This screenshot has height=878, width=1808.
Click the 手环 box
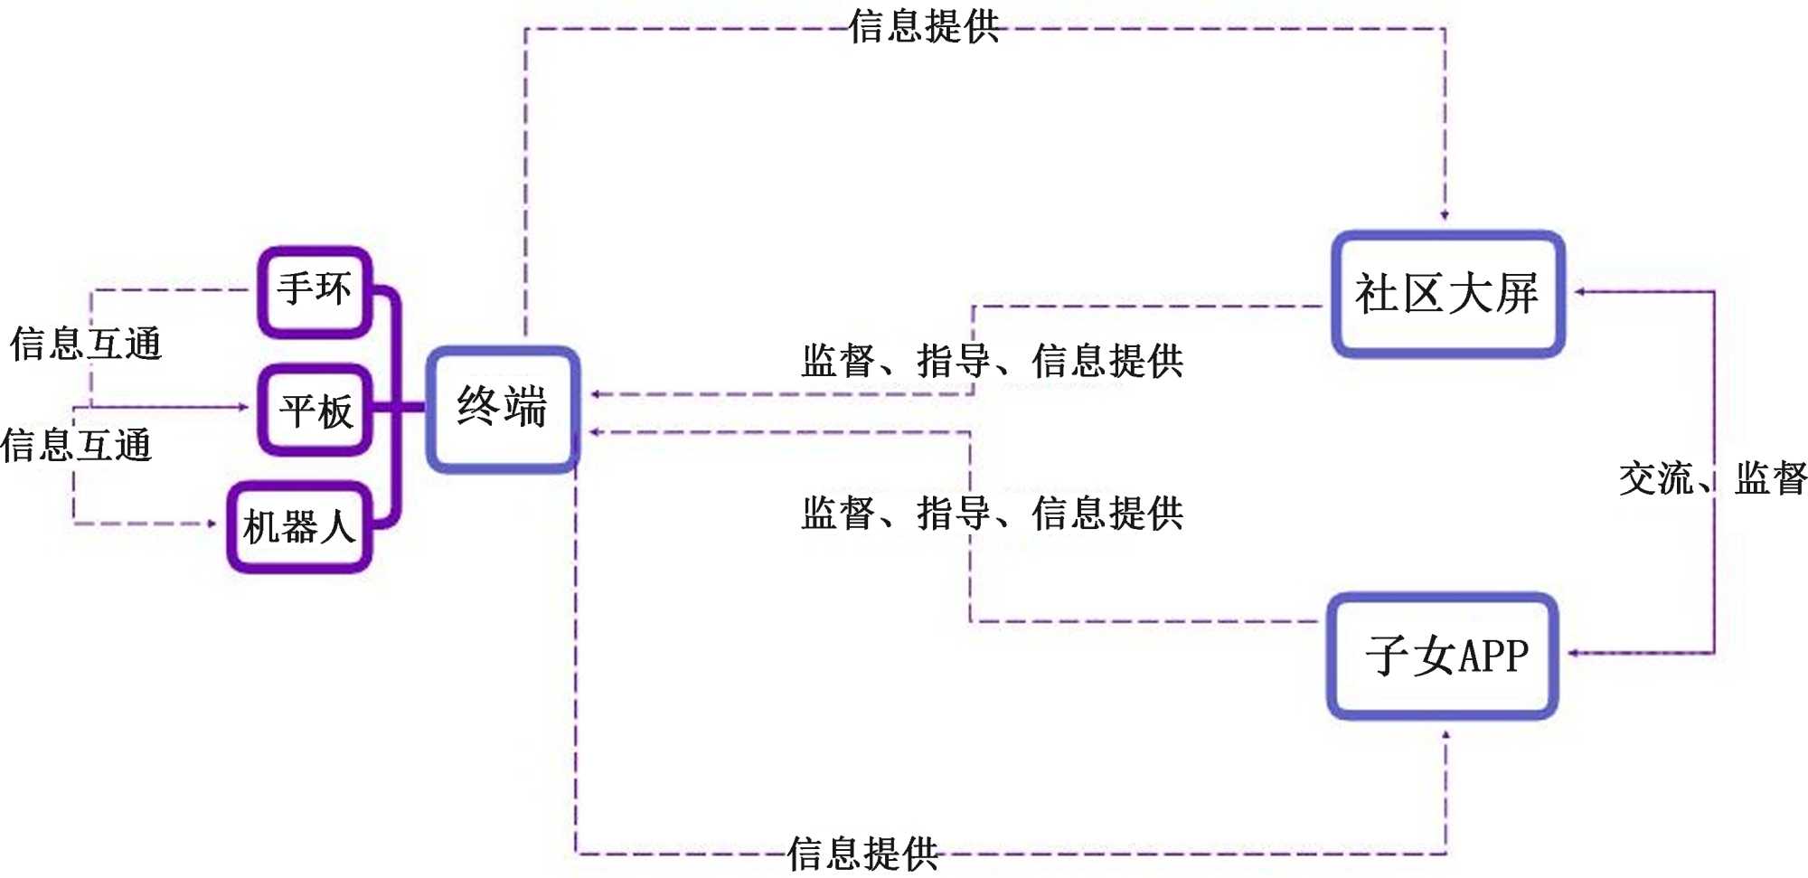(315, 291)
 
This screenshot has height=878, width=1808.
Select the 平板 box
(315, 410)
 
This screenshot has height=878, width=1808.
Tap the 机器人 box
(299, 526)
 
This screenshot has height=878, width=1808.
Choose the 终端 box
(503, 408)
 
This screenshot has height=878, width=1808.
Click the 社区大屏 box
(1447, 294)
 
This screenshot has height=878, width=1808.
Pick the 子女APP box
(1443, 656)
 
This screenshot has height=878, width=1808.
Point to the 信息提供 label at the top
(924, 27)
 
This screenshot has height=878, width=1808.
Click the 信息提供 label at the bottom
(862, 853)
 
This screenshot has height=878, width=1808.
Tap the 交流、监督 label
(1712, 478)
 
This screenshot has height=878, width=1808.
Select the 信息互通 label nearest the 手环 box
(86, 345)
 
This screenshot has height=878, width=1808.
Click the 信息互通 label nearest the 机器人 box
(77, 446)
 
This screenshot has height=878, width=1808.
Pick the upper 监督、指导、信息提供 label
(992, 361)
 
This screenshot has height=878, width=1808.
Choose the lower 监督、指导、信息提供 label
(992, 513)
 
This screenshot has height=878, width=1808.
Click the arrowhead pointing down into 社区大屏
(1445, 215)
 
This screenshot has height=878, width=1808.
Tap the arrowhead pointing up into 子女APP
(1445, 736)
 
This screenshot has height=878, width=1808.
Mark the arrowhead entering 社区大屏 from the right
(1579, 292)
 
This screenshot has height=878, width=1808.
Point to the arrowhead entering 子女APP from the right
(1573, 653)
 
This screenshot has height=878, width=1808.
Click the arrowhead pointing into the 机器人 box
(212, 524)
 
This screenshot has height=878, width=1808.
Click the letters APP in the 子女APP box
(1493, 656)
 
